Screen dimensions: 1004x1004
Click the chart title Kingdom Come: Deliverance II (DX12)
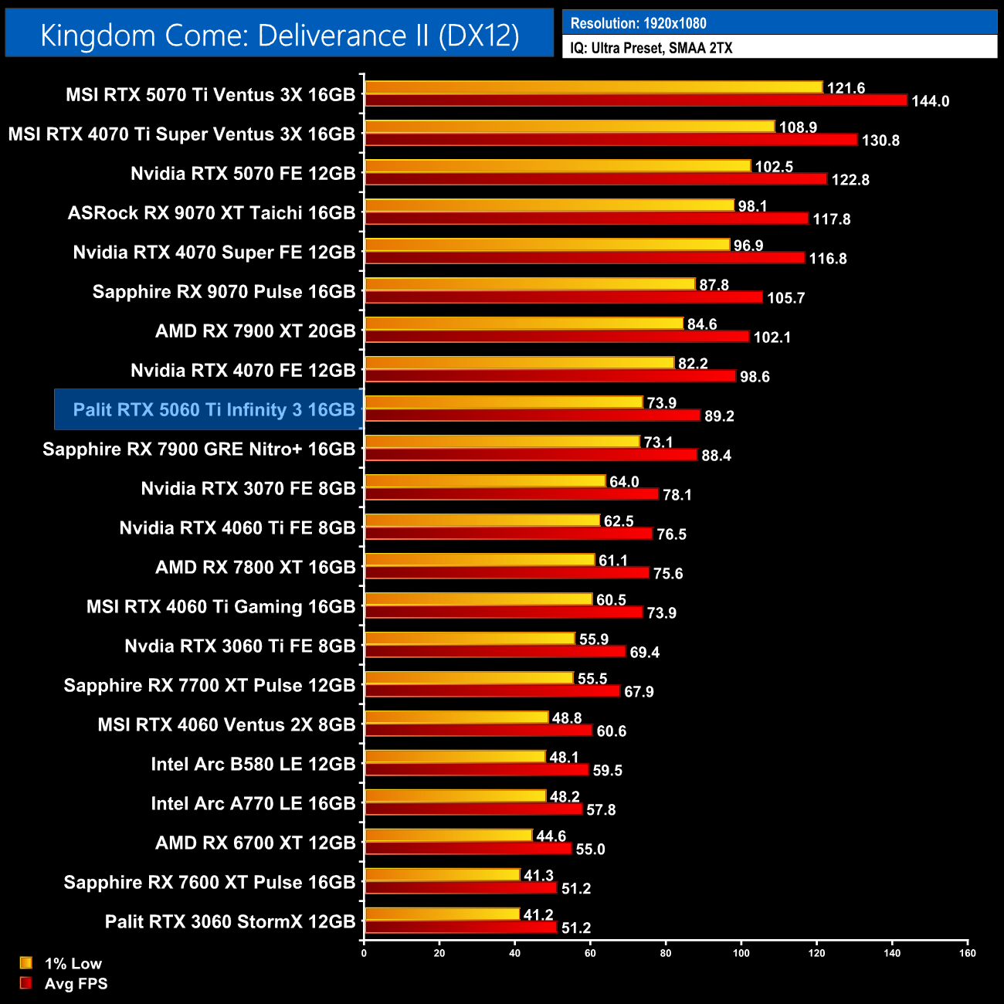coord(280,35)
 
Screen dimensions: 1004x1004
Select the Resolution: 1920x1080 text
coord(638,23)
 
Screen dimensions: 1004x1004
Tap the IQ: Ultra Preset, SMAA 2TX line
coord(651,48)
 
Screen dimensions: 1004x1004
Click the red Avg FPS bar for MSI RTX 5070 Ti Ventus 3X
coord(636,100)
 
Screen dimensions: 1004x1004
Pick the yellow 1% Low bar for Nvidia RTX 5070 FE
coord(558,166)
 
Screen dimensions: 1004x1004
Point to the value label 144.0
coord(930,101)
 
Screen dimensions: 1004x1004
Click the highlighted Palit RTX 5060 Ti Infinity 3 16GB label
coord(214,409)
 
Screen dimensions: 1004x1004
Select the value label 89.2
coord(719,416)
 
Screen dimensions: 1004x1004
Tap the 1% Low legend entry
coord(73,963)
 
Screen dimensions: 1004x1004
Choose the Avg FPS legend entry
coord(76,983)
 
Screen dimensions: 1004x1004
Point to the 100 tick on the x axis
coord(741,953)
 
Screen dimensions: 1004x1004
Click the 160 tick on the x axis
coord(967,953)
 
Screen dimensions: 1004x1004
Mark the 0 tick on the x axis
coord(364,953)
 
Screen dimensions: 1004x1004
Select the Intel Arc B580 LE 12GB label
coord(253,764)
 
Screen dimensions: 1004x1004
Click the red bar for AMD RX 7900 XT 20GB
coord(557,337)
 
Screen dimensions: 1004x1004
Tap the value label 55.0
coord(590,850)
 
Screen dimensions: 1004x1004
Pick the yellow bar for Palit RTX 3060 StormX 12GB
coord(442,914)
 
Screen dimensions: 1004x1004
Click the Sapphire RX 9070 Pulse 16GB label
coord(224,291)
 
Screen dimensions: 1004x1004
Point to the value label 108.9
coord(798,127)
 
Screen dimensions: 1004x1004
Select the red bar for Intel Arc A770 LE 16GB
coord(473,809)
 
